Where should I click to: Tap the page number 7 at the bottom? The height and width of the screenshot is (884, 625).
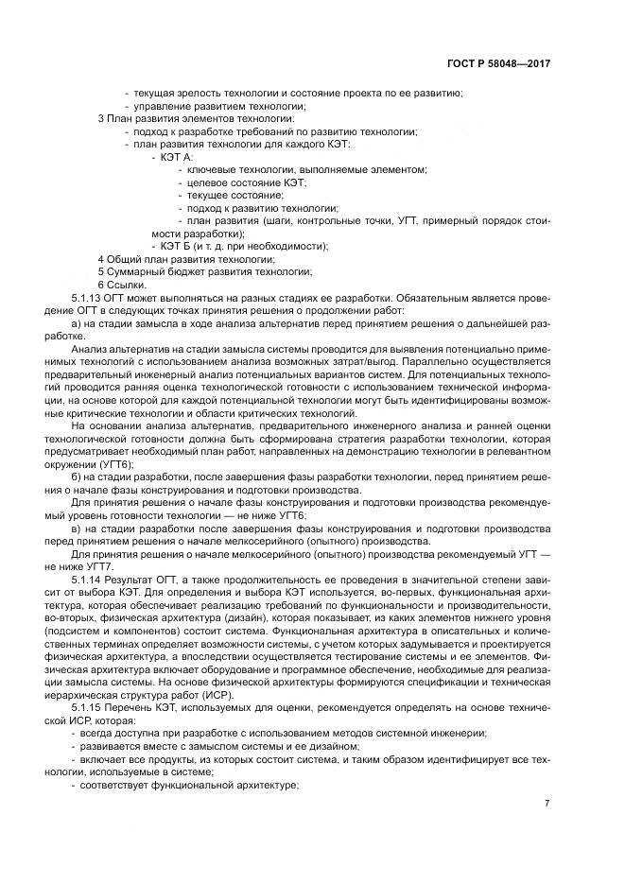(547, 803)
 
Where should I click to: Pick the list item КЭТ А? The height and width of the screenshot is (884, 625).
(176, 156)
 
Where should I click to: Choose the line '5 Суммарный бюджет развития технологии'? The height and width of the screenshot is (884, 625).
(203, 272)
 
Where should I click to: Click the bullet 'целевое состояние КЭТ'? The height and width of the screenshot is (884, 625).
(247, 182)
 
